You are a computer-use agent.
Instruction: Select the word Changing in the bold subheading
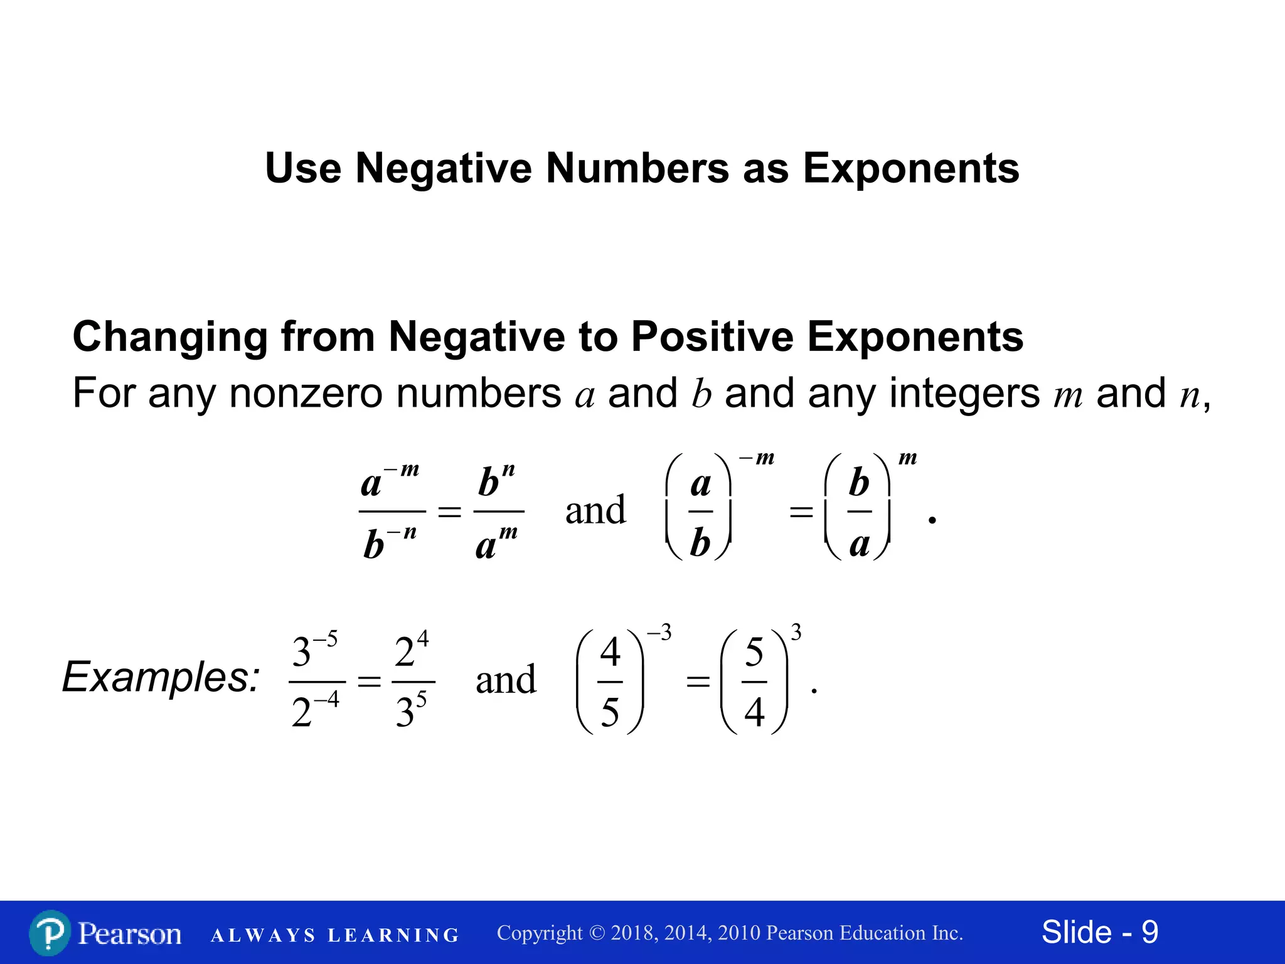170,337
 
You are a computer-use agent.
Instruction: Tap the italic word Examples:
161,678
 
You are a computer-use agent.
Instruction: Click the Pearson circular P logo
50,933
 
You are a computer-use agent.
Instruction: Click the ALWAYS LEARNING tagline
335,935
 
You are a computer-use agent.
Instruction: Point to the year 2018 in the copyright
634,933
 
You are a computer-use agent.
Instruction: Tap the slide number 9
1149,932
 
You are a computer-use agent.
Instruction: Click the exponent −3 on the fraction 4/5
659,633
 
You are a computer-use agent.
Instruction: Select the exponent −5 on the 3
326,640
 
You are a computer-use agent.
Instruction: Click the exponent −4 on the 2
327,699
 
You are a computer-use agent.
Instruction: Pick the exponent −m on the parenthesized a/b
757,458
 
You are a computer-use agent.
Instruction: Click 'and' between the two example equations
506,680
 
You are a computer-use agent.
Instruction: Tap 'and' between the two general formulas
595,510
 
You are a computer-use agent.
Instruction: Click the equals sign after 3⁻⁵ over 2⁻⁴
369,682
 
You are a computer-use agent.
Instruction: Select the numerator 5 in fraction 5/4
754,652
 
